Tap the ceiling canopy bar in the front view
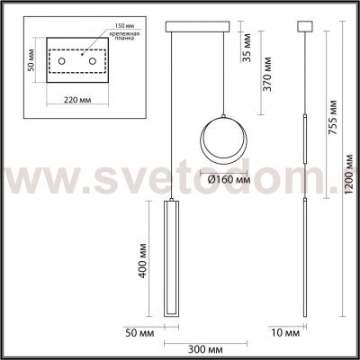(x=192, y=26)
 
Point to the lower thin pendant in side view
(x=304, y=256)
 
